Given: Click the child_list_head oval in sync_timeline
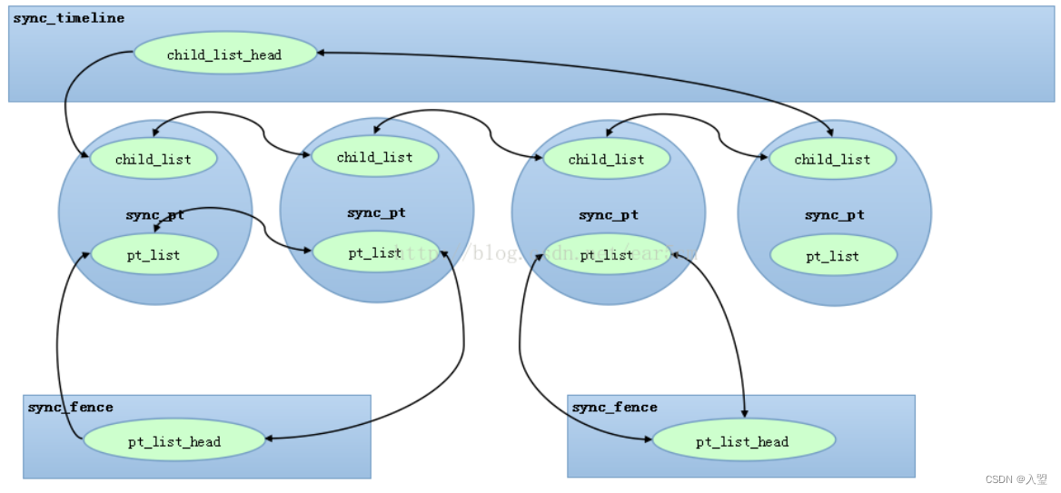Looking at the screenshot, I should pos(225,54).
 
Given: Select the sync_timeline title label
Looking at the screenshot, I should pos(69,18).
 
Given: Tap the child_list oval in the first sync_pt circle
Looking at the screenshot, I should pos(154,160).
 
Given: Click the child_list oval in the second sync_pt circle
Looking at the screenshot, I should pos(375,157).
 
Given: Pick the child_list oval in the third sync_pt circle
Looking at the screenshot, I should pos(606,160).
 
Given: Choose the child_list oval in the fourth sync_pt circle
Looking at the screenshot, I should pos(832,160).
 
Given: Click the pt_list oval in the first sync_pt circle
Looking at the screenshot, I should pos(154,255).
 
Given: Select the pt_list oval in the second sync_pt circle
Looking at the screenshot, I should pos(375,253).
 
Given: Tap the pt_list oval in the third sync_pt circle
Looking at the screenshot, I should pos(606,255).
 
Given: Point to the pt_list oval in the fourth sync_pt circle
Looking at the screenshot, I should pos(832,256).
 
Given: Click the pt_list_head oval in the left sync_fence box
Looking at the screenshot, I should pos(174,442).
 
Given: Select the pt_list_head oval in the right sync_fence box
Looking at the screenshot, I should pos(743,442).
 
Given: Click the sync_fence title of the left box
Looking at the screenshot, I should pos(71,408).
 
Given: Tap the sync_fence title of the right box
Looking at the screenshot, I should pos(615,408).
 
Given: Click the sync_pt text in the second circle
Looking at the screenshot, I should pos(376,213).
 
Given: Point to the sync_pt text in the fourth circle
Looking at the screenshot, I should pos(834,215).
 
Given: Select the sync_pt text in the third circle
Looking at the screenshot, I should pos(609,215).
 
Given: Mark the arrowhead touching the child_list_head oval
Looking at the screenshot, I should pos(322,53).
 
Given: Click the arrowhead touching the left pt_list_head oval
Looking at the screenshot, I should pos(270,438).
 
